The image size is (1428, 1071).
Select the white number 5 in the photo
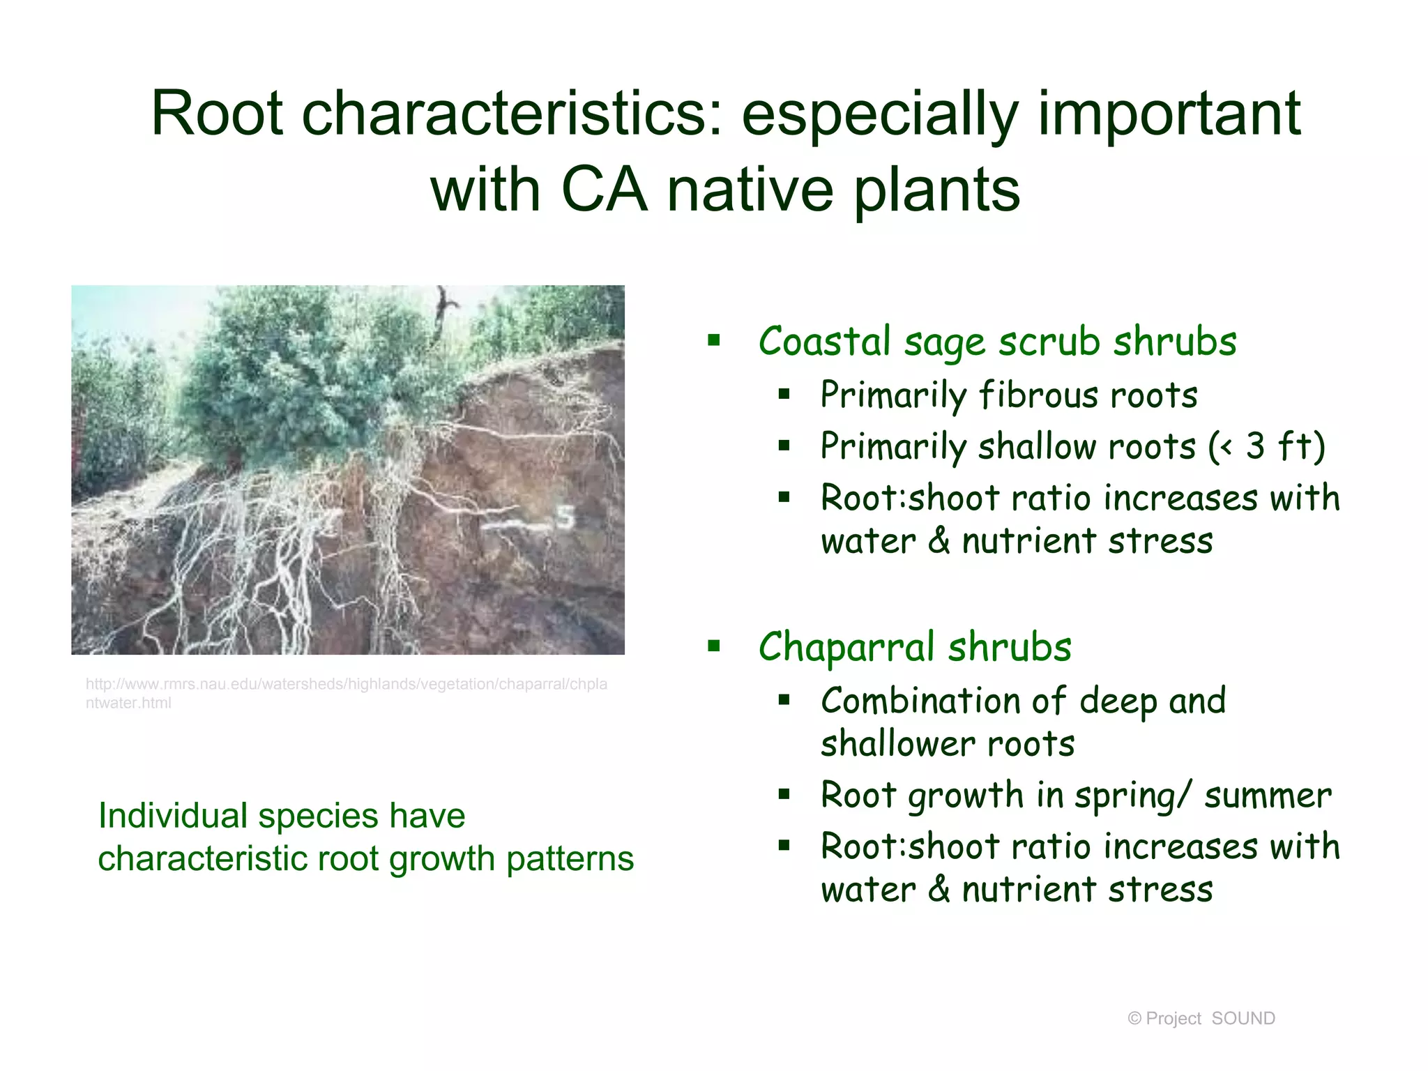point(565,517)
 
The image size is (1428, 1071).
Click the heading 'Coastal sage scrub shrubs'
point(997,342)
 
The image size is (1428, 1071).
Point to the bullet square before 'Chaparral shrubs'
point(713,646)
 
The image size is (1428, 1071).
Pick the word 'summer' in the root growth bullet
point(1268,796)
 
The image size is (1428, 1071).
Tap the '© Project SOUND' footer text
point(1201,1019)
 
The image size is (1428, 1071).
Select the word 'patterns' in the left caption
point(570,858)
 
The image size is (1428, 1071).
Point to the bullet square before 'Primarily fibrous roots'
point(784,395)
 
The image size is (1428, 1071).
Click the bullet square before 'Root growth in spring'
point(784,794)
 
